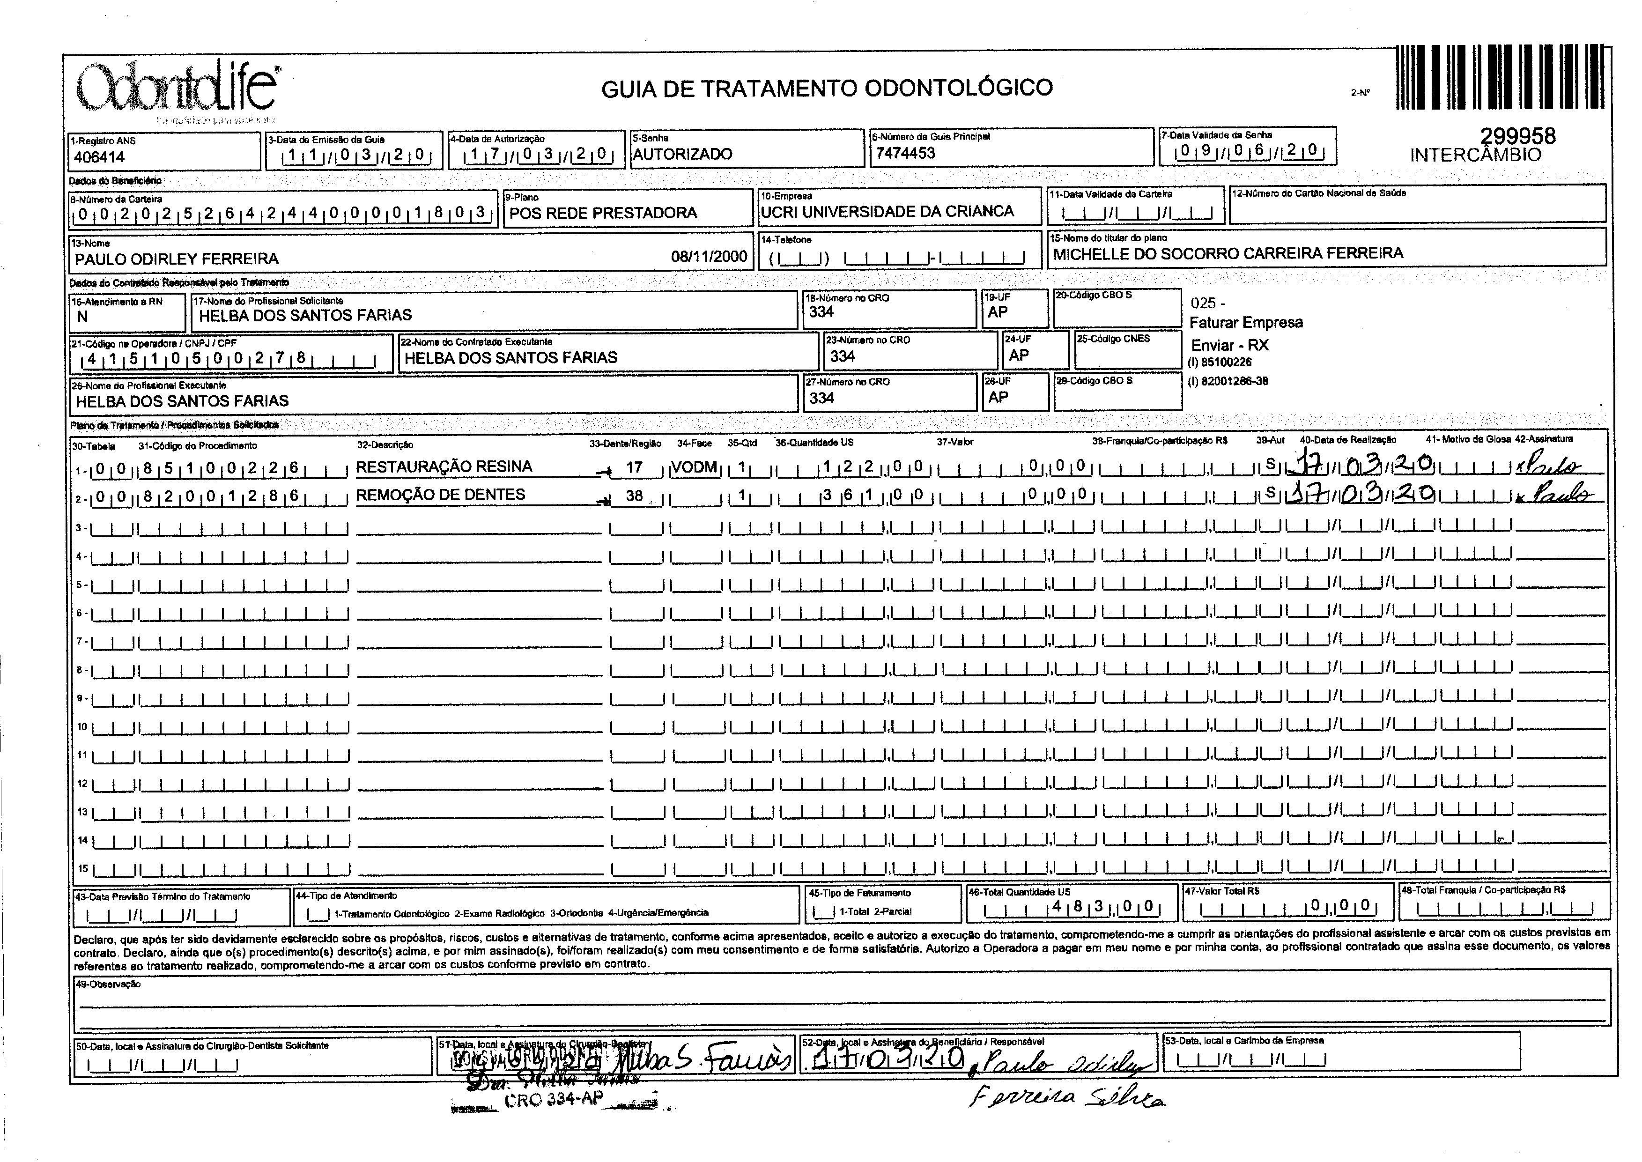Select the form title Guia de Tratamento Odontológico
click(x=826, y=88)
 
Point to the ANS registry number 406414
click(x=99, y=157)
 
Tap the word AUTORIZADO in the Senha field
click(x=682, y=154)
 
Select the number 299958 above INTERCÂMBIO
click(x=1517, y=136)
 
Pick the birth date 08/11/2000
click(x=708, y=257)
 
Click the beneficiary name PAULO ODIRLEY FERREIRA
click(x=177, y=259)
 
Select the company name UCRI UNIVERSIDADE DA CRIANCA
click(x=887, y=212)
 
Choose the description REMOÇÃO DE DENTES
click(x=440, y=495)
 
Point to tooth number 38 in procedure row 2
click(x=634, y=495)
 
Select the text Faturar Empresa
click(x=1246, y=323)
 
